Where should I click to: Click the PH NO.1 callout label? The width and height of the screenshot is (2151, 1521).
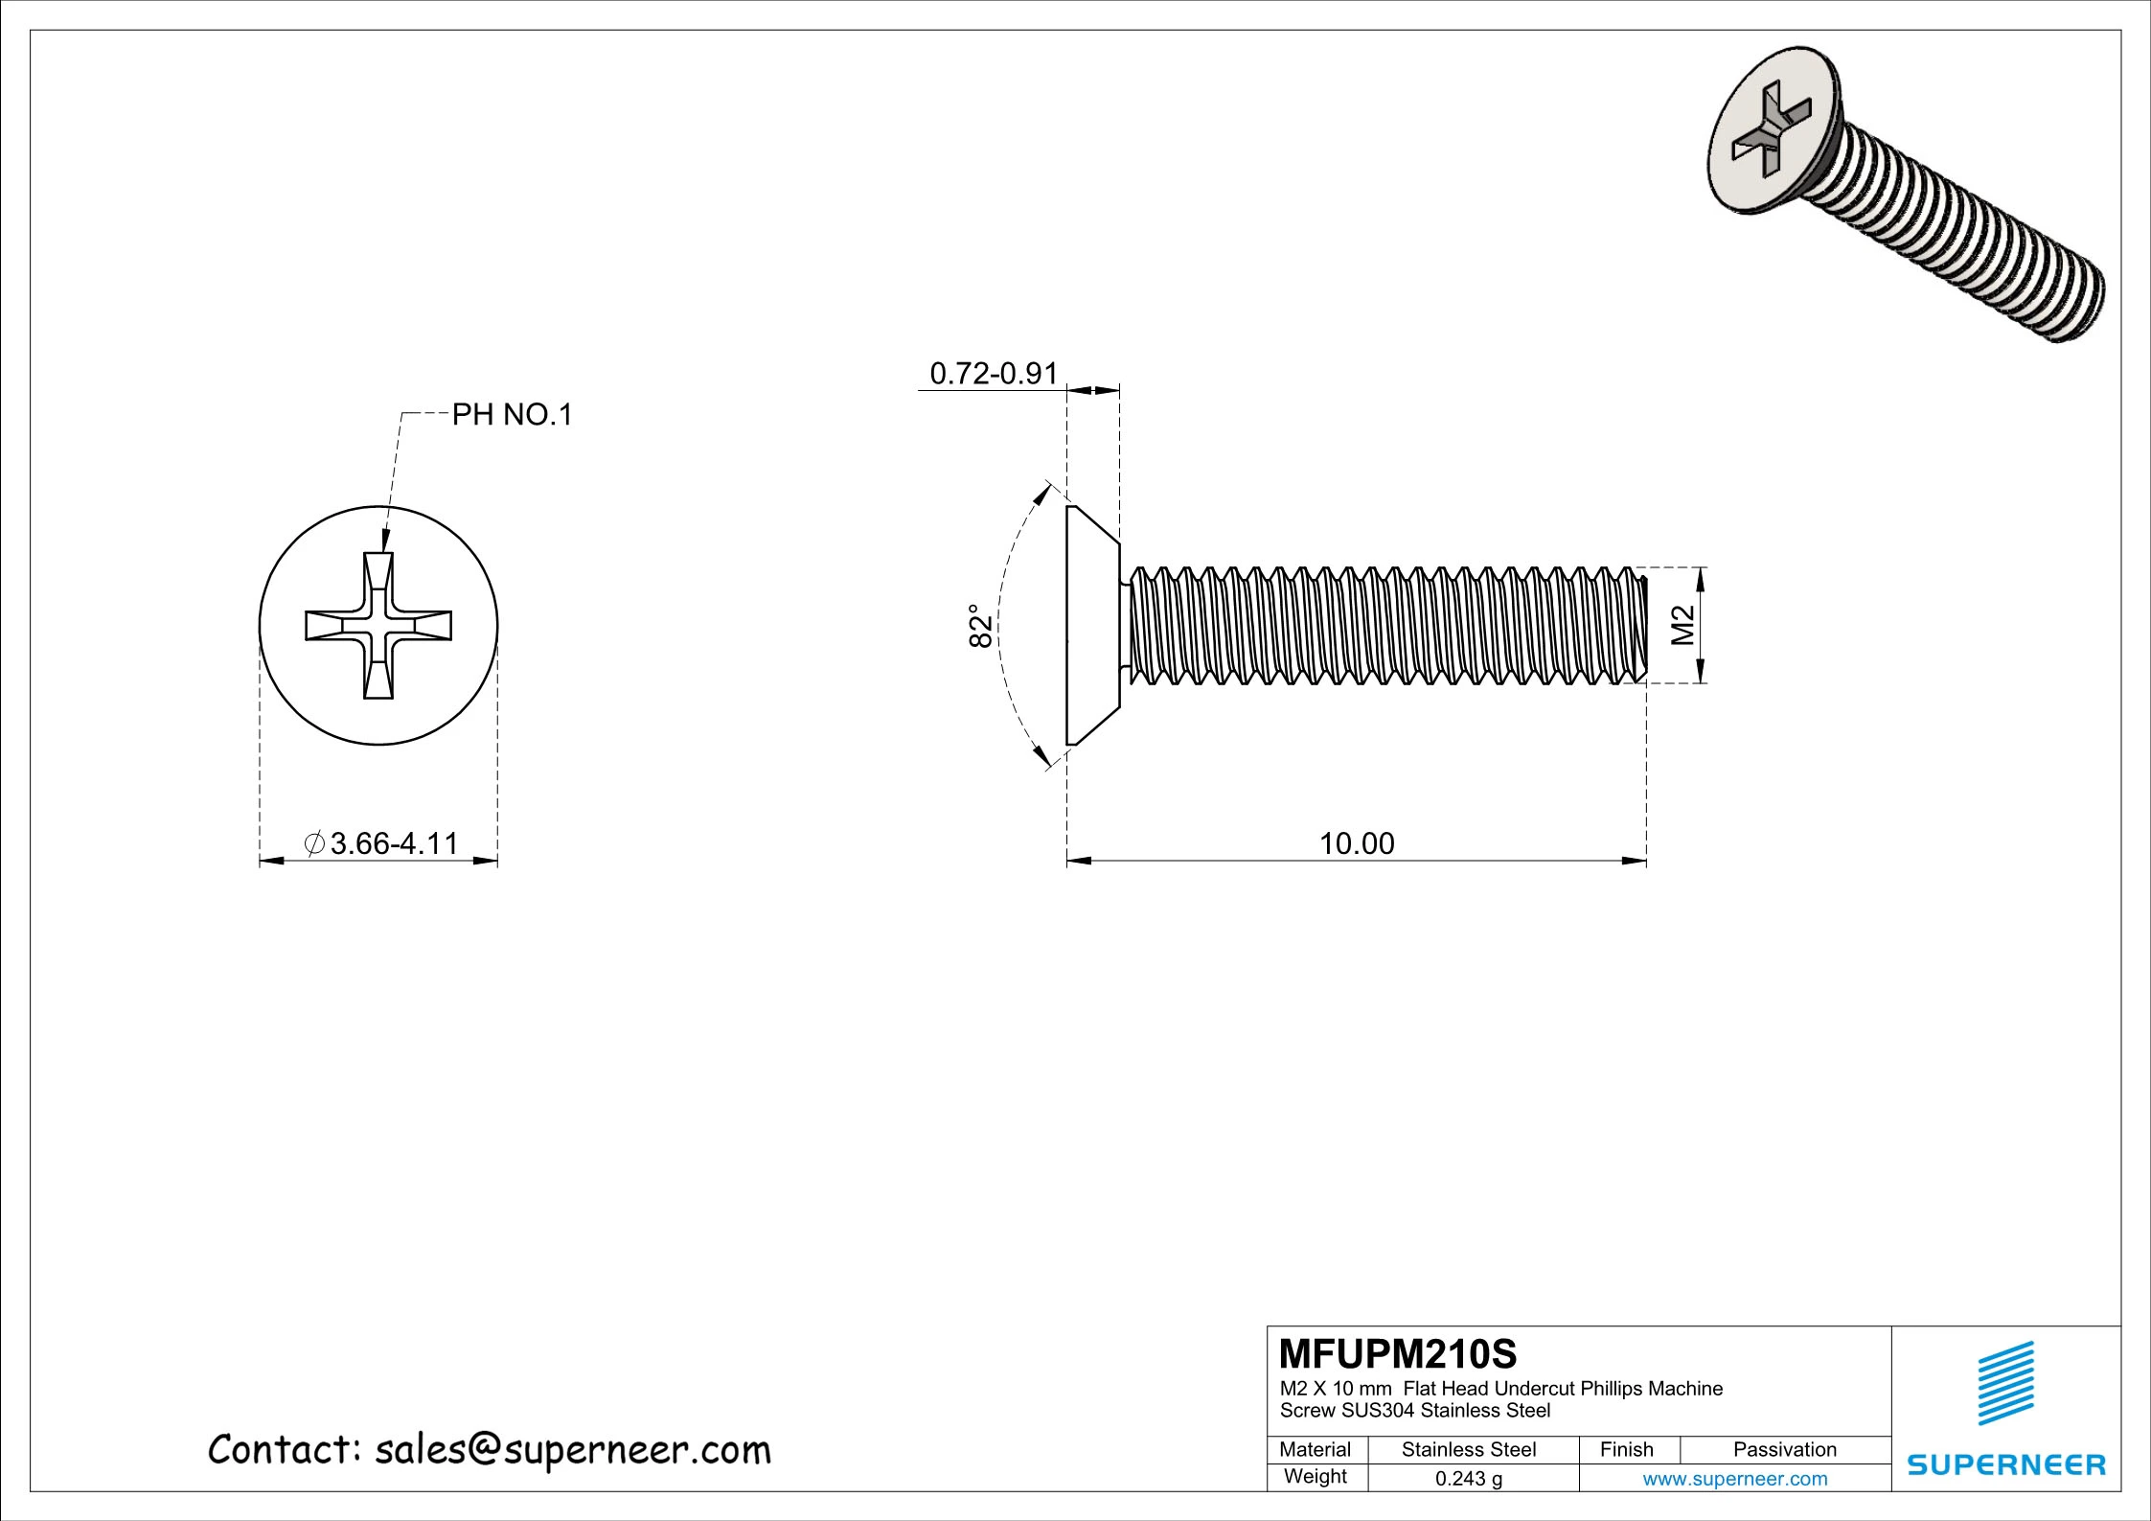tap(512, 415)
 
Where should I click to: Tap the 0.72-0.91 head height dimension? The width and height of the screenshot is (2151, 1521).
tap(994, 374)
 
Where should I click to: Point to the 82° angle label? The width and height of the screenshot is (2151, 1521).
tap(980, 626)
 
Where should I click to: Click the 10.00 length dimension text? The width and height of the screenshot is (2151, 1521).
tap(1357, 843)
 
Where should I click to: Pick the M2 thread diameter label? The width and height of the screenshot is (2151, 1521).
tap(1683, 626)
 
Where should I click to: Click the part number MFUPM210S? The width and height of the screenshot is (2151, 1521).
tap(1398, 1354)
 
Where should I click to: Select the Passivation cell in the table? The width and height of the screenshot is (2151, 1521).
tap(1784, 1449)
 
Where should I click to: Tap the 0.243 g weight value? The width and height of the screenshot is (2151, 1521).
tap(1468, 1479)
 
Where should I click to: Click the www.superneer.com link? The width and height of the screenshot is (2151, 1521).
tap(1734, 1479)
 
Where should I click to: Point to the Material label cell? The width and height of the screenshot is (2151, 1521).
tap(1315, 1449)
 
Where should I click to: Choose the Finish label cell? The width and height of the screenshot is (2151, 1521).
tap(1626, 1449)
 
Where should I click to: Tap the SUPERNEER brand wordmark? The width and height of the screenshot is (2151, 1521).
tap(2005, 1464)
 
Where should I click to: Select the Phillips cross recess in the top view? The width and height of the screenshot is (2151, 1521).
tap(378, 625)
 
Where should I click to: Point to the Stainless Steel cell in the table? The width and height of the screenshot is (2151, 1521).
tap(1468, 1449)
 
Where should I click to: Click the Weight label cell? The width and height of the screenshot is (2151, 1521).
tap(1315, 1476)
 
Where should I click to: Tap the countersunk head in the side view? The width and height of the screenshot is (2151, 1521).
tap(1090, 625)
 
